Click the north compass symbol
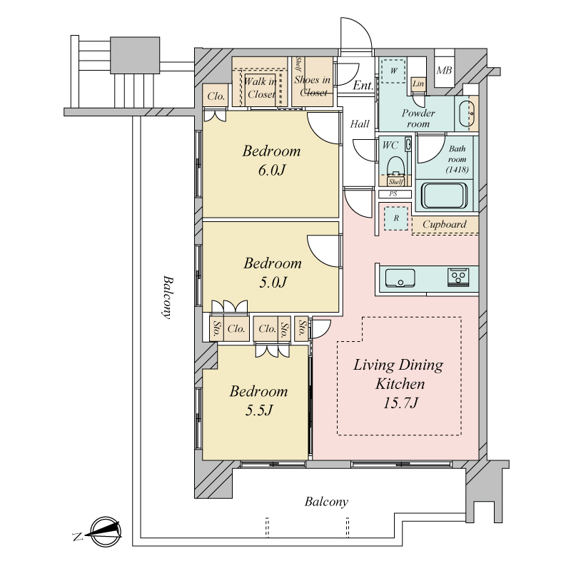point(105,532)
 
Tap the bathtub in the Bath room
point(444,196)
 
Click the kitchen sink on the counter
point(400,278)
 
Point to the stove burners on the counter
point(458,278)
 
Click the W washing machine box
point(393,71)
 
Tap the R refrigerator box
point(396,218)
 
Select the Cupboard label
point(444,224)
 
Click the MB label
point(444,70)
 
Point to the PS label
point(393,193)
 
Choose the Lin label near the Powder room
point(418,84)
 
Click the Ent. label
point(363,86)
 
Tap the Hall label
point(360,124)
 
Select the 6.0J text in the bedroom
point(272,170)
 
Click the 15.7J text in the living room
point(400,403)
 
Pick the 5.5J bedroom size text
point(258,410)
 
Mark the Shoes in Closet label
point(313,86)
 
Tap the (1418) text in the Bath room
point(457,169)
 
